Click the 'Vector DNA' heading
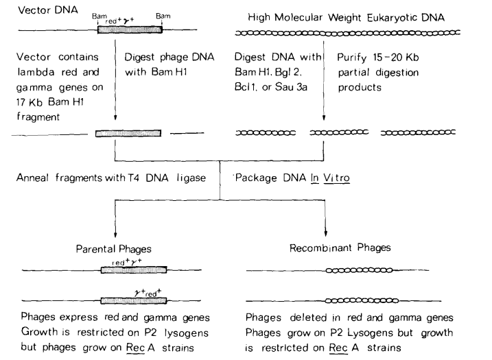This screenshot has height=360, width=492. (48, 10)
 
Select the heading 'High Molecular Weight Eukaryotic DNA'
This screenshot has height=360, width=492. (346, 18)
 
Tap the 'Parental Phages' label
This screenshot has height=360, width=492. (114, 249)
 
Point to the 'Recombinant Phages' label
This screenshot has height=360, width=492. (340, 248)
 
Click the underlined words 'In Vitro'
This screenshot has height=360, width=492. (330, 178)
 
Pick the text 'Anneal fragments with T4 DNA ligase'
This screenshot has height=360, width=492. (111, 178)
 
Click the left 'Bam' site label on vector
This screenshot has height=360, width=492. (99, 16)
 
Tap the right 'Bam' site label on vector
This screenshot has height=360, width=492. (163, 16)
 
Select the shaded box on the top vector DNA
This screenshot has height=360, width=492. (130, 29)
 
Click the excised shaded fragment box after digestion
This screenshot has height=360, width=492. (128, 133)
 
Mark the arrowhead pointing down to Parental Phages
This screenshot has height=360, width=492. (115, 235)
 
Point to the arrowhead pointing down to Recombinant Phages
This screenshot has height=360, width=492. (326, 233)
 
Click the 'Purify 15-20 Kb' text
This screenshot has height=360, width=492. (378, 58)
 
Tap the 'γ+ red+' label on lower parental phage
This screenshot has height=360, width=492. (148, 293)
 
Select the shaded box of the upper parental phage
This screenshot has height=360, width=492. (134, 269)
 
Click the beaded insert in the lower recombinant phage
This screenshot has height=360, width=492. (362, 301)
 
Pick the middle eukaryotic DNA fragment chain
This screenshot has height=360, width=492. (339, 132)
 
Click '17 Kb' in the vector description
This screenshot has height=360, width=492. (30, 102)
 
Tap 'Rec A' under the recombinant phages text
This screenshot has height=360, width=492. (344, 348)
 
